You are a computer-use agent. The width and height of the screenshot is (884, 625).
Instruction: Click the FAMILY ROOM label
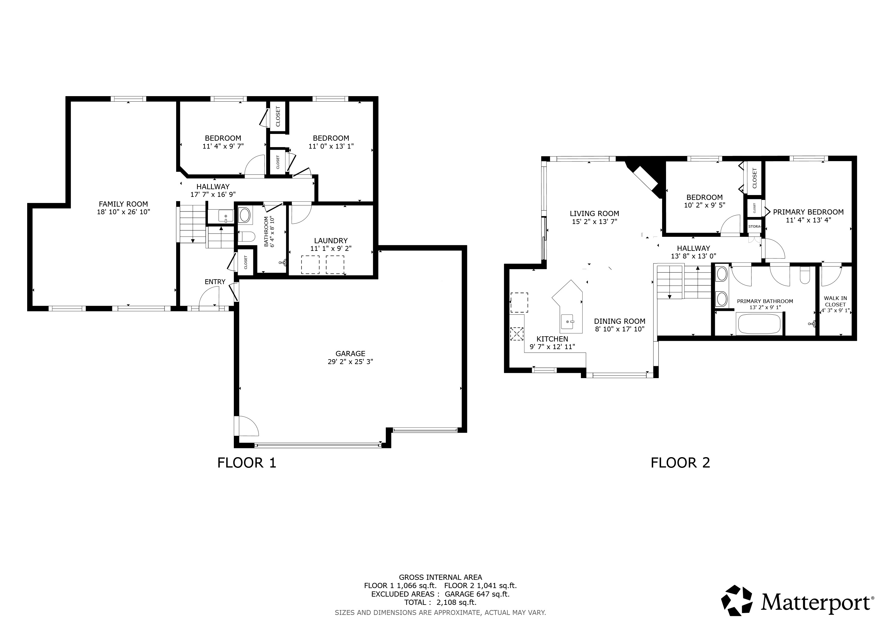click(123, 204)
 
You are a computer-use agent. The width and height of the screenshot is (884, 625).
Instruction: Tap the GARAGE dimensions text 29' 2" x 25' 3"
click(350, 362)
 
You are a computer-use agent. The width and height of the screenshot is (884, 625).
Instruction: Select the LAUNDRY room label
click(331, 240)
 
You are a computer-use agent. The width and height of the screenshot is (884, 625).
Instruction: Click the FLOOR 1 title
click(247, 463)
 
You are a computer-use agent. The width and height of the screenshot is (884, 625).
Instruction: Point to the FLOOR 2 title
click(680, 463)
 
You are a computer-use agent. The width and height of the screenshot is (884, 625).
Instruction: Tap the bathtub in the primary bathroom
click(759, 324)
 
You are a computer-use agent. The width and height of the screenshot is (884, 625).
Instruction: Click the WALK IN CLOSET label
click(835, 301)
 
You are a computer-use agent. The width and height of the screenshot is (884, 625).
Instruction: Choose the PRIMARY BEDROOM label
click(808, 212)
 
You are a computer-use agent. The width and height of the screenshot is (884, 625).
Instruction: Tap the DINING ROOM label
click(619, 321)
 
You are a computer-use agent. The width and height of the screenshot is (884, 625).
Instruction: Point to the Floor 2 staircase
click(683, 281)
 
